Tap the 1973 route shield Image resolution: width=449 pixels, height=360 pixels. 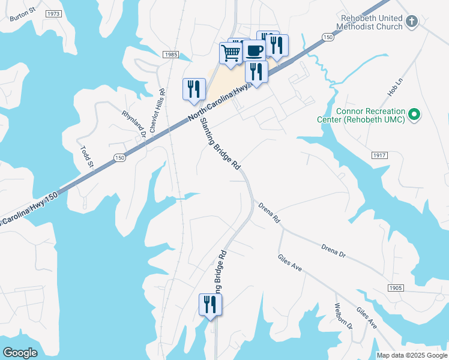53,13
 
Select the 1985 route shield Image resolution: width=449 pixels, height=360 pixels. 170,55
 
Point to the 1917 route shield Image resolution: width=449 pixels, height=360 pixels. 379,155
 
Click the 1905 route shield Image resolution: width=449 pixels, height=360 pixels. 395,288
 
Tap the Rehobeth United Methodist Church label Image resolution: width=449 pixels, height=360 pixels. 369,23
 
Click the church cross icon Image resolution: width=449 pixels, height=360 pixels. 411,22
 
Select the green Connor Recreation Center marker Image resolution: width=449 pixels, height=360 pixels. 414,114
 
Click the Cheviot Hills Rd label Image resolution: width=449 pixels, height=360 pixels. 157,111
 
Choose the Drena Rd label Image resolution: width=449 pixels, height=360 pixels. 269,213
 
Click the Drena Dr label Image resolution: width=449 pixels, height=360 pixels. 333,251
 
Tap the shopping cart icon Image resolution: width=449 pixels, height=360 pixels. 231,54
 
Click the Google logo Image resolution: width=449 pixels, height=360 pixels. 20,353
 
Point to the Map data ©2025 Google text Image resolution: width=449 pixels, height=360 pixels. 412,355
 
